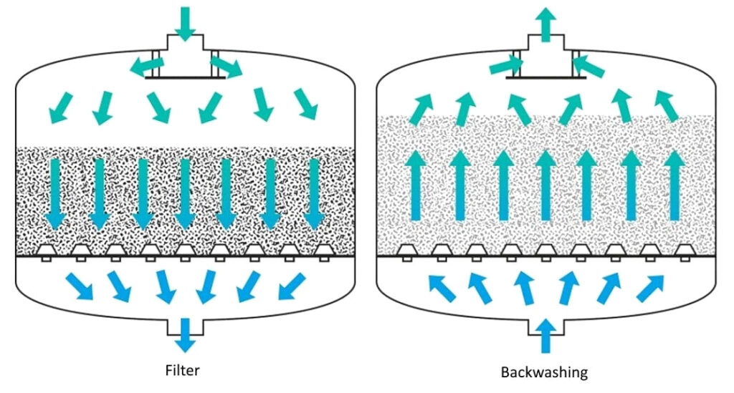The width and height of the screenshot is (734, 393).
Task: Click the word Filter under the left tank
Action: click(183, 370)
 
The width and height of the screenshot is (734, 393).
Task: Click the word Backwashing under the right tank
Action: click(544, 372)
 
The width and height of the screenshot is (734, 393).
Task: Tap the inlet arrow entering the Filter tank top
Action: click(185, 24)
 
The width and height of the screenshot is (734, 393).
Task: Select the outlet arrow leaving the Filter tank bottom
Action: click(185, 335)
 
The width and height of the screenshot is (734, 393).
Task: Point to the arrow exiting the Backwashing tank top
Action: click(545, 25)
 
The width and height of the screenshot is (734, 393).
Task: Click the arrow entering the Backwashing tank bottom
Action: click(545, 336)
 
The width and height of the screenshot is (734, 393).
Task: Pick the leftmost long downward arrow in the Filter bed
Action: click(55, 195)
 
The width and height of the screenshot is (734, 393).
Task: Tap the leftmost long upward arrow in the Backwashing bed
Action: click(416, 185)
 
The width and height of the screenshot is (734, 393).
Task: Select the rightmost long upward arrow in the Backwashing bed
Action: click(675, 185)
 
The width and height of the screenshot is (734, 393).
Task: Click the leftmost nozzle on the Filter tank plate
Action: click(47, 253)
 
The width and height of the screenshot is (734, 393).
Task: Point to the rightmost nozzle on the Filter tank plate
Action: click(323, 253)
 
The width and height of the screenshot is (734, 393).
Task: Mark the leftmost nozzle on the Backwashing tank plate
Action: click(407, 253)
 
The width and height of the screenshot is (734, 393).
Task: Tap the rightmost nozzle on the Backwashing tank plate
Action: click(685, 253)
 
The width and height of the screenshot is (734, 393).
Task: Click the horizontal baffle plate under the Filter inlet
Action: click(185, 77)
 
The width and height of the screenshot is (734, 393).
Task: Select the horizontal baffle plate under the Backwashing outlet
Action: click(545, 77)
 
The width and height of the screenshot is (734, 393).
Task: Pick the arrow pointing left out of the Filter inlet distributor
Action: click(146, 67)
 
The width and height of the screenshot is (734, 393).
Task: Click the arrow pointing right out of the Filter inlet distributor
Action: click(227, 67)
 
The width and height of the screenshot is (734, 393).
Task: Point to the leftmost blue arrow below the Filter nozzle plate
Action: click(79, 286)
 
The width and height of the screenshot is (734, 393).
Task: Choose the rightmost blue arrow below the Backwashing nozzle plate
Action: click(650, 288)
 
